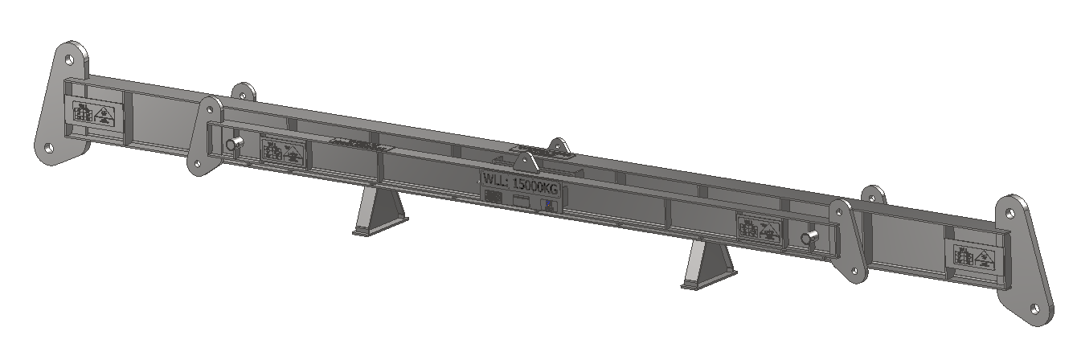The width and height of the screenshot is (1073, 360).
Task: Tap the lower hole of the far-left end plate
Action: pyautogui.click(x=49, y=149)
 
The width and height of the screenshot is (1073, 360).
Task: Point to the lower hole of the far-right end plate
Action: pyautogui.click(x=1037, y=309)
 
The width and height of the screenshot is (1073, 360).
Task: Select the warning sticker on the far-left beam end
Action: pyautogui.click(x=93, y=114)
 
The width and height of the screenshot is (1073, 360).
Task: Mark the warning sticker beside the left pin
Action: pyautogui.click(x=282, y=152)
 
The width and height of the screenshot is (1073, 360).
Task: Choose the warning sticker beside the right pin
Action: pyautogui.click(x=759, y=230)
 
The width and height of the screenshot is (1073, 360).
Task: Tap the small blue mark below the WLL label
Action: pyautogui.click(x=548, y=206)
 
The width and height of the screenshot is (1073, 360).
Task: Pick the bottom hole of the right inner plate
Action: pyautogui.click(x=857, y=274)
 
